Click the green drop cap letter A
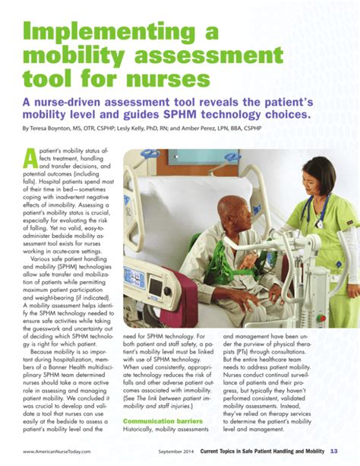tap(30, 157)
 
